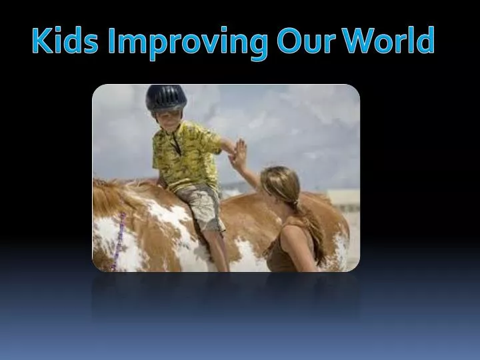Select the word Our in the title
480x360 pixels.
coord(305,41)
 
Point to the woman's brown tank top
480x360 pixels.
coord(287,250)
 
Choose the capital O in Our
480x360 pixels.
coord(291,41)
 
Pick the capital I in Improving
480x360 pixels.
coord(113,41)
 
